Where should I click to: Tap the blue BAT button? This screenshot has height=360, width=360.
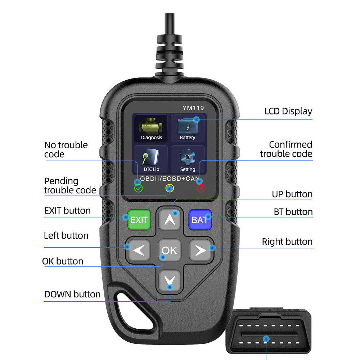tap(200, 220)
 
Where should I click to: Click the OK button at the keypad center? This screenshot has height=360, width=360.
tap(170, 250)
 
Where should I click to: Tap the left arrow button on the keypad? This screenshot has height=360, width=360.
tap(139, 250)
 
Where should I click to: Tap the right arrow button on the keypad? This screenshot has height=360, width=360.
tap(200, 250)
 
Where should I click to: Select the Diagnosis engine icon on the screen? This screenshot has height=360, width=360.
tap(151, 129)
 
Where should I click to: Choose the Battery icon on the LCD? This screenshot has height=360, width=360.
tap(188, 129)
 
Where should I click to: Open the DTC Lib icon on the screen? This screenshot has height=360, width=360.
tap(151, 159)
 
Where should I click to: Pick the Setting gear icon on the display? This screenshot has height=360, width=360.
tap(188, 159)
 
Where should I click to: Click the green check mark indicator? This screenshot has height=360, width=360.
tap(139, 189)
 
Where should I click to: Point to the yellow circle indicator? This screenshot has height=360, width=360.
tap(170, 188)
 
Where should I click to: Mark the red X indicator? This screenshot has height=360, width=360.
tap(201, 189)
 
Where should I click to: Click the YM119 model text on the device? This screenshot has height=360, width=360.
tap(193, 108)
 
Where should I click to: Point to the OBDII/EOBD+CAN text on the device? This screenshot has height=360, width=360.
tap(170, 179)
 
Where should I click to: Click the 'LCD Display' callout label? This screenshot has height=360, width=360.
tap(288, 111)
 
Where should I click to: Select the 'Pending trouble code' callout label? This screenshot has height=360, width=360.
tap(70, 186)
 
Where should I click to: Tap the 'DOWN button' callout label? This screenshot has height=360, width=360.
tap(72, 294)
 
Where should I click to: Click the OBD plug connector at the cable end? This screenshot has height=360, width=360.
tap(269, 331)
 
